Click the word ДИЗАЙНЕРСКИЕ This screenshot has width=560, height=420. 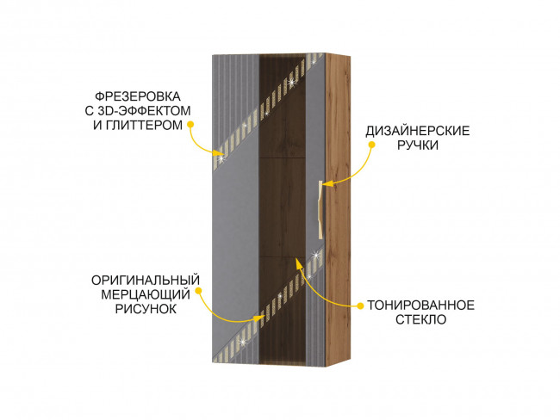(x=417, y=131)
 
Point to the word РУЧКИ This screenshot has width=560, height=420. (x=418, y=146)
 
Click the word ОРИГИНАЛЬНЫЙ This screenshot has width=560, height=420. (x=146, y=280)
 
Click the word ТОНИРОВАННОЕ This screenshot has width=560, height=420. (x=420, y=305)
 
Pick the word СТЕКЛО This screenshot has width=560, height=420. (x=420, y=319)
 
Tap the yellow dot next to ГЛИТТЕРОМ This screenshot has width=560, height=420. (x=192, y=125)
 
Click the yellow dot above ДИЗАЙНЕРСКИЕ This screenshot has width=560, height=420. (x=372, y=145)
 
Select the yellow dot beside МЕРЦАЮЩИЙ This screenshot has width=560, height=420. (x=198, y=291)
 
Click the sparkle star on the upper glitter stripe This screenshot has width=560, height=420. (x=293, y=83)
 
